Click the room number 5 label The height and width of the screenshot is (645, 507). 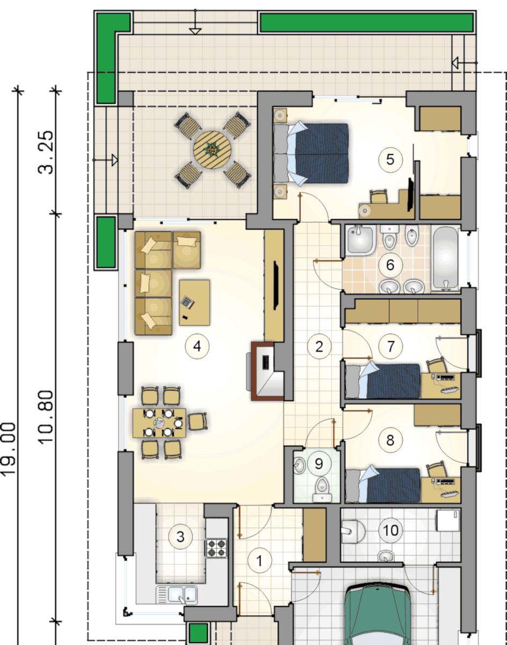point(390,160)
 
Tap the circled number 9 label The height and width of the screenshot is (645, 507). point(318,464)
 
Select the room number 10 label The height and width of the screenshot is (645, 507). point(390,530)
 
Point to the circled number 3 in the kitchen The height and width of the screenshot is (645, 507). point(180,536)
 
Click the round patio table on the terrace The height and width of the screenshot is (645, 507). point(212,149)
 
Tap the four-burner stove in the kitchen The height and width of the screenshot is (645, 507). point(216,548)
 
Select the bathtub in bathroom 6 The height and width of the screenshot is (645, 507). point(445,259)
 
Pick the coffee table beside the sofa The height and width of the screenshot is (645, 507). point(194,303)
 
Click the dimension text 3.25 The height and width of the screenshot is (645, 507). point(46,152)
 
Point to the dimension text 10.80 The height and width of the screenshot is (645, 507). point(46,417)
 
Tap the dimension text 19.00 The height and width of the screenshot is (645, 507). point(8,449)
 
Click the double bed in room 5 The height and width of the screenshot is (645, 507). point(312,154)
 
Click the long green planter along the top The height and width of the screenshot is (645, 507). point(367,23)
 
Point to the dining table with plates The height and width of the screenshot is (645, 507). point(160,423)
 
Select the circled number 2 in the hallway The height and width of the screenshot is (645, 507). point(319,347)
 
